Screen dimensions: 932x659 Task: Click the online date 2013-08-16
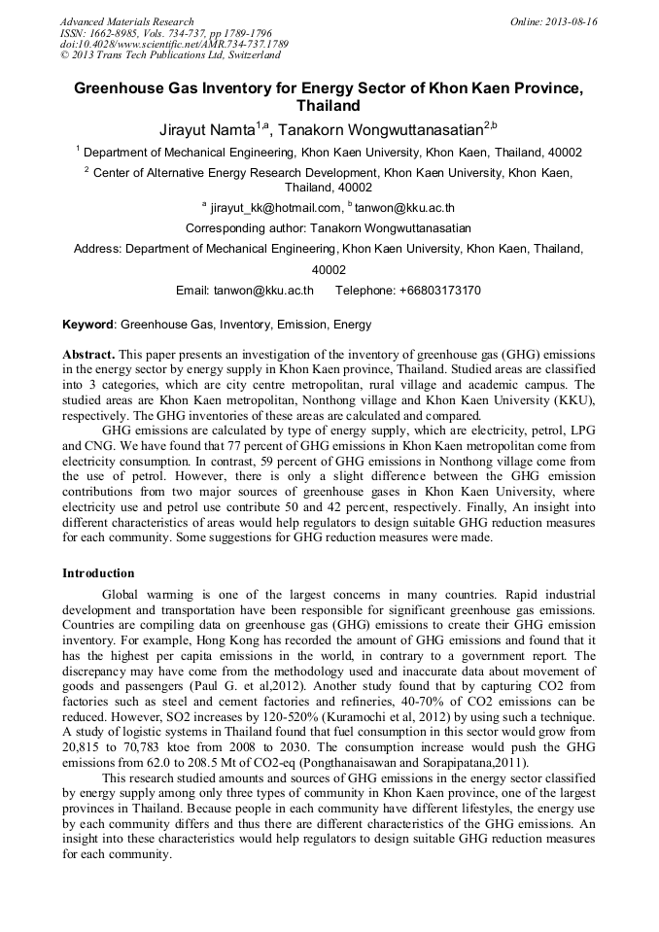point(571,21)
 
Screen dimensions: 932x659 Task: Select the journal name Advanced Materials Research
point(126,21)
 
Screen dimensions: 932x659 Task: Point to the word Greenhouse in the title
point(119,87)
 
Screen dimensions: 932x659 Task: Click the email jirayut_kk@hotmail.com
point(276,207)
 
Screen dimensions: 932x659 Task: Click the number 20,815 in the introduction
point(83,749)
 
